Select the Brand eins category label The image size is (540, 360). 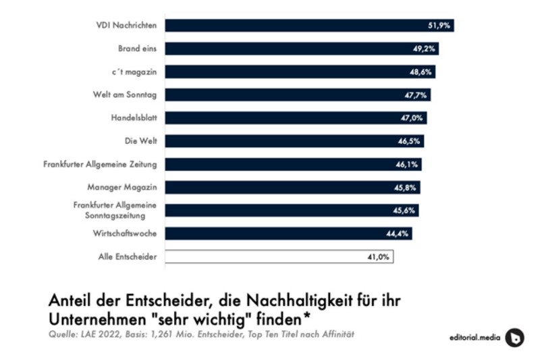[138, 49]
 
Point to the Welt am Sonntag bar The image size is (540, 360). [297, 95]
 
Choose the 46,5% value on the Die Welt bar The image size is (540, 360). [410, 141]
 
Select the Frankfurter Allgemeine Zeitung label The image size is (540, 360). [100, 164]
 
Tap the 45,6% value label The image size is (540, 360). [406, 211]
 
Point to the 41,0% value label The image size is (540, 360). [378, 257]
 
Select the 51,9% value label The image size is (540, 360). [439, 26]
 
